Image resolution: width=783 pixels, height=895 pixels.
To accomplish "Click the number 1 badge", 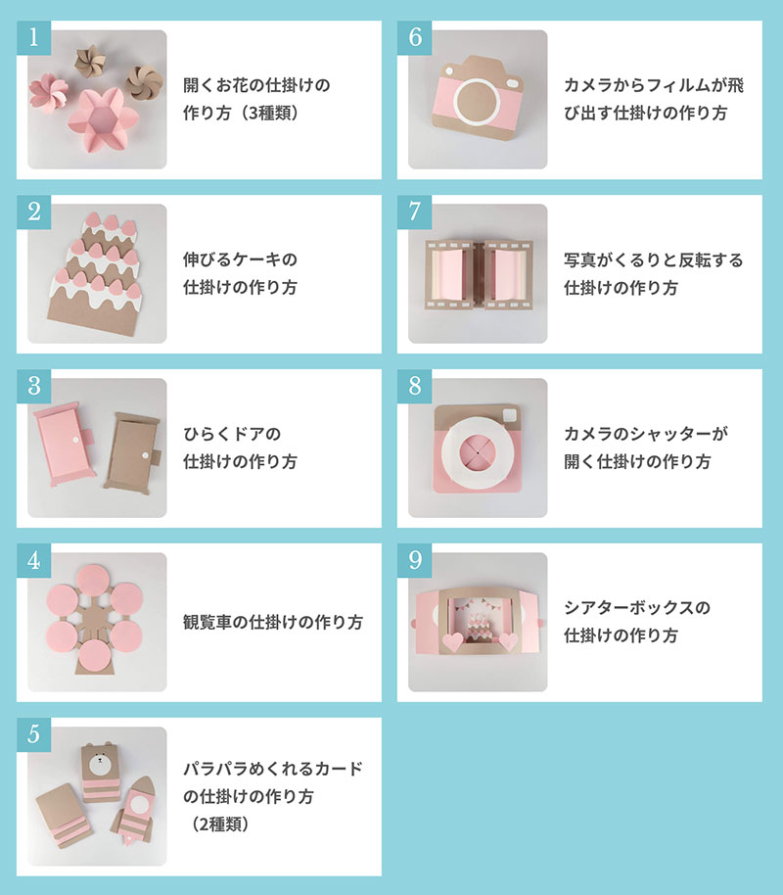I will coord(33,37).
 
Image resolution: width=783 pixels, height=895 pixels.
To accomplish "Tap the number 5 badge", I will coord(33,733).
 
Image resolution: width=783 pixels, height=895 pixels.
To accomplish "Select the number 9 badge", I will coord(414,559).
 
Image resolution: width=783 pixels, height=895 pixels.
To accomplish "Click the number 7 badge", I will coord(414,211).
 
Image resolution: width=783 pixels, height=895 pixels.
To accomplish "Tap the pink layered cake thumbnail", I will coord(96,274).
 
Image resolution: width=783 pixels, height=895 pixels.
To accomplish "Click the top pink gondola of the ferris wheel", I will coord(96,578).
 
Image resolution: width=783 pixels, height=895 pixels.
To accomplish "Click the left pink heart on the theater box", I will coord(451,642).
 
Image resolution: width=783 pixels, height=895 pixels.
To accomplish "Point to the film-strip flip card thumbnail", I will coord(478,274).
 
